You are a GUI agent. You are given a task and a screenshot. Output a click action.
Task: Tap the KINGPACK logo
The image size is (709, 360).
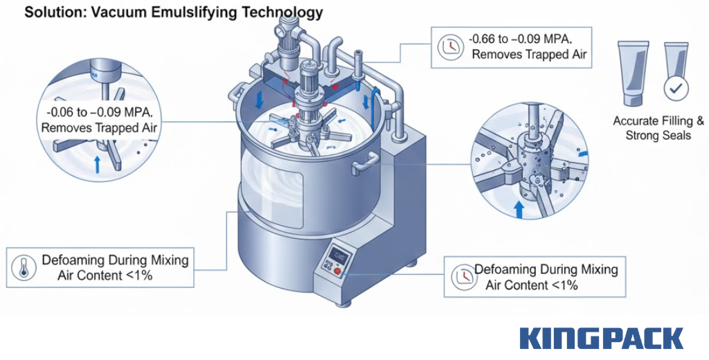click(x=601, y=339)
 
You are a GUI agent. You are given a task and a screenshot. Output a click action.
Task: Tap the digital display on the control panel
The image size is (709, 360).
click(x=339, y=254)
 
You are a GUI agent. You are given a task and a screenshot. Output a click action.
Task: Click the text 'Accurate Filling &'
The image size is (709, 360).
click(x=658, y=121)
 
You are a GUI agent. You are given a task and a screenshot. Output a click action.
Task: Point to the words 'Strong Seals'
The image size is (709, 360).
click(x=658, y=136)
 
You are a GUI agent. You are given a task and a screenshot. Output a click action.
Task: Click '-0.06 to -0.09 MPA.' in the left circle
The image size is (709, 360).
click(x=100, y=112)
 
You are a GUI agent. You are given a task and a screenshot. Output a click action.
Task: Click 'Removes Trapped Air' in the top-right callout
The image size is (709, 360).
click(x=531, y=54)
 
